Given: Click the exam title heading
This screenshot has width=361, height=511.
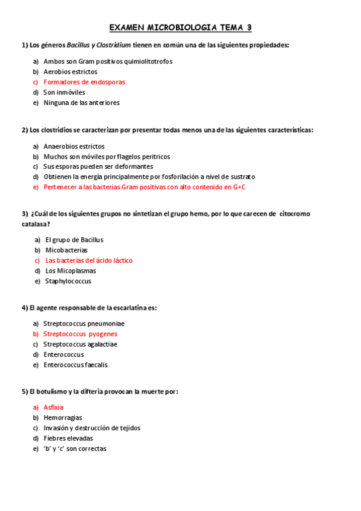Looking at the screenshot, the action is click(x=180, y=28).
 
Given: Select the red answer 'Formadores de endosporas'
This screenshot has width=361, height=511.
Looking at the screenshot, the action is click(x=84, y=82).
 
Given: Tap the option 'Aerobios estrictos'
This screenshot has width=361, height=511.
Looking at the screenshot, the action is click(x=70, y=72).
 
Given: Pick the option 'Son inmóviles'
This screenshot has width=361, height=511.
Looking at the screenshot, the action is click(x=64, y=92).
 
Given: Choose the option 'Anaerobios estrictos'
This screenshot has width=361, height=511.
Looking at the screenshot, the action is click(x=74, y=146).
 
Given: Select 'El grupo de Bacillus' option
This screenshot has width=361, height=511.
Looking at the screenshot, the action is click(x=74, y=240).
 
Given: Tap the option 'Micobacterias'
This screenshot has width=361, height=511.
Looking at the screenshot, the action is click(x=66, y=250).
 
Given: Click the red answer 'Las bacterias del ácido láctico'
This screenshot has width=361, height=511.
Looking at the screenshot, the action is click(x=89, y=260).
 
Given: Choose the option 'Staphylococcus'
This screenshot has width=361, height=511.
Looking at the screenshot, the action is click(x=69, y=281).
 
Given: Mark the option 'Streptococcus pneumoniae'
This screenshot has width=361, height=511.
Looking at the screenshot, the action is click(x=84, y=324).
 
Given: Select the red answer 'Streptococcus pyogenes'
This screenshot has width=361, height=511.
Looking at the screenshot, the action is click(x=80, y=334).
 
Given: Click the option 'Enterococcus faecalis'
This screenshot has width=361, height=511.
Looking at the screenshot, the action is click(x=75, y=365).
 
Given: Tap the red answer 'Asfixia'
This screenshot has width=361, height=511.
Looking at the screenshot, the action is click(x=54, y=407).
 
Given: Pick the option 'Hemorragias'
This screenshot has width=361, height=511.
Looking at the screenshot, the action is click(x=63, y=418).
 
